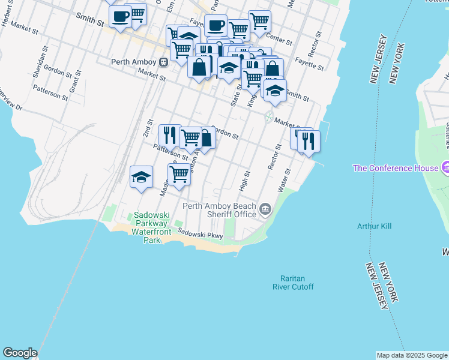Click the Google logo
(20, 353)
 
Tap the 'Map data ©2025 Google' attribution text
(412, 355)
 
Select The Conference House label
(395, 168)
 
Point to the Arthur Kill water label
(374, 226)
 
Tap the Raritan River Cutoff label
(297, 282)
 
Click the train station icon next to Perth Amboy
(163, 61)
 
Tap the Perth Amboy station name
(134, 61)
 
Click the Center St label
(281, 41)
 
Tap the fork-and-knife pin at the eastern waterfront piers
(309, 142)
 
